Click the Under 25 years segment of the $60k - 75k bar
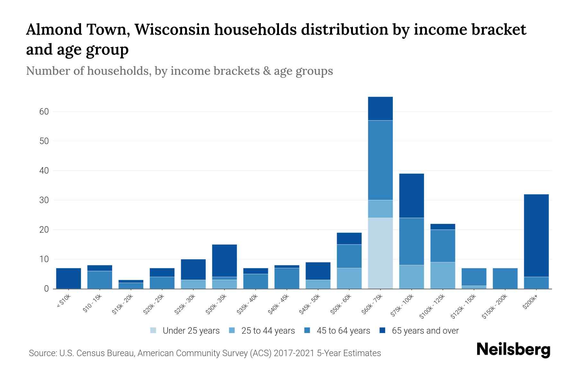pos(380,253)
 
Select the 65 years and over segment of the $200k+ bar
pos(536,235)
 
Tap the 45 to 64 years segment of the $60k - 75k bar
pos(380,160)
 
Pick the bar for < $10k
pos(68,278)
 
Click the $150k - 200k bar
pos(505,278)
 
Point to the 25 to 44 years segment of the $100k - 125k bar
pos(443,275)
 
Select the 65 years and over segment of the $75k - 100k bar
pos(411,196)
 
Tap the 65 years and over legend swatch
pos(382,330)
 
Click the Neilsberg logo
pos(513,350)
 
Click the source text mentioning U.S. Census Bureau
pos(205,353)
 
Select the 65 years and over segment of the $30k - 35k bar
pos(224,261)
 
